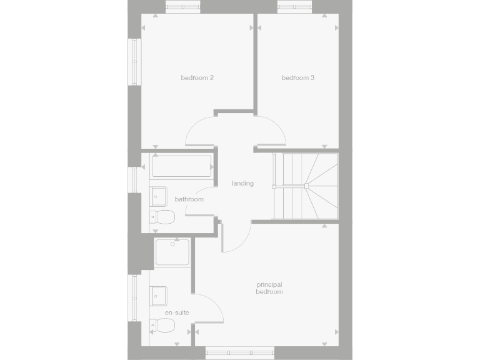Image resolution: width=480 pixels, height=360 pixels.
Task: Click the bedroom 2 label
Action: click(x=197, y=78)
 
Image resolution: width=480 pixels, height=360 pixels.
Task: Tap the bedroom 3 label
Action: click(x=297, y=78)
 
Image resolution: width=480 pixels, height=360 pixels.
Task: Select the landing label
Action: click(x=242, y=184)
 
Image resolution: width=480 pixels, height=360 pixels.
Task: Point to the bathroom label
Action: click(x=189, y=199)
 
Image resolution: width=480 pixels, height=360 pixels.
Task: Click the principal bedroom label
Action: click(x=269, y=288)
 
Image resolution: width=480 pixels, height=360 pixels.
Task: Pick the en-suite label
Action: click(x=177, y=312)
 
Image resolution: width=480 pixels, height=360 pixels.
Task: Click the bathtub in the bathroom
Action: click(x=181, y=167)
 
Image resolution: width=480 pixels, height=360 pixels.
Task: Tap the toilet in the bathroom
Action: click(x=164, y=217)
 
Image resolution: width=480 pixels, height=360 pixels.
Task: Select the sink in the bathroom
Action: click(x=158, y=196)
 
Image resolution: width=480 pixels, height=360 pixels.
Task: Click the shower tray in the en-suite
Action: click(x=172, y=252)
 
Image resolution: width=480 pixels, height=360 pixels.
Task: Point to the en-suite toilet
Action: click(x=164, y=326)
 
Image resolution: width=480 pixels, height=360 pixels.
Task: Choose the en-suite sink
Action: click(x=158, y=294)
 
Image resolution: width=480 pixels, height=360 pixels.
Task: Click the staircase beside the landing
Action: click(x=306, y=186)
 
